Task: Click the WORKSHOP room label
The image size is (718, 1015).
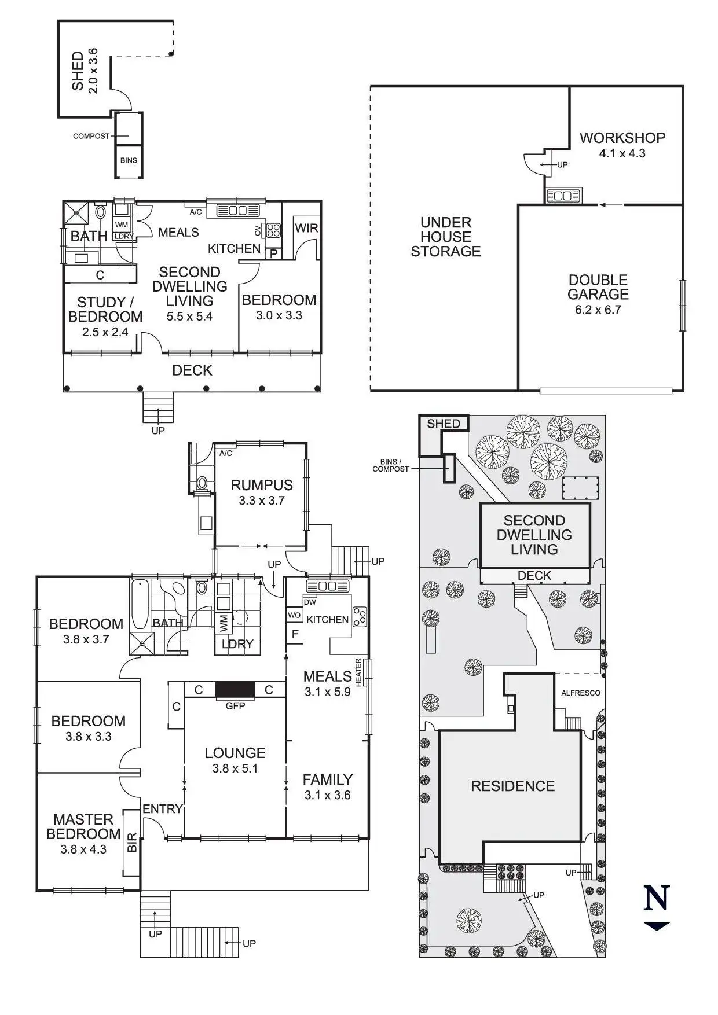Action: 622,138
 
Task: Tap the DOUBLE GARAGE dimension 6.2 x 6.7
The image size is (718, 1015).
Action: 598,310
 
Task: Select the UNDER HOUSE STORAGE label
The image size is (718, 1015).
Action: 446,237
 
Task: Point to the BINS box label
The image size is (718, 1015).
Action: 129,160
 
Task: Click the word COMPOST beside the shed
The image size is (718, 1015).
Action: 91,137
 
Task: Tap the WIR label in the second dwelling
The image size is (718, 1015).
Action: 306,228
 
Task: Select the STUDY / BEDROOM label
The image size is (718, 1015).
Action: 105,310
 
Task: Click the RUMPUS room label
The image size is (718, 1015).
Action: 262,485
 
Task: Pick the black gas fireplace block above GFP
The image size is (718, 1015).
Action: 235,689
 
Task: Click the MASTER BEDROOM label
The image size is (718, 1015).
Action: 83,826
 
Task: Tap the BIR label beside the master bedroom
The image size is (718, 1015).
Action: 132,842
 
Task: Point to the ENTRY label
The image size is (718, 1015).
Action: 163,809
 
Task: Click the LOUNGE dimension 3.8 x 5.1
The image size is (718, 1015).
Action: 235,768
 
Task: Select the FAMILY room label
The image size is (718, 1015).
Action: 328,779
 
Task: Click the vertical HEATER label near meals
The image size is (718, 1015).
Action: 358,673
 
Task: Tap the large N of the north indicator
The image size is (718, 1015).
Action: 657,898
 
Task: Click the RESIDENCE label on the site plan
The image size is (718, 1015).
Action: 512,786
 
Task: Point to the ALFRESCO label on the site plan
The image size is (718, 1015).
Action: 581,693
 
